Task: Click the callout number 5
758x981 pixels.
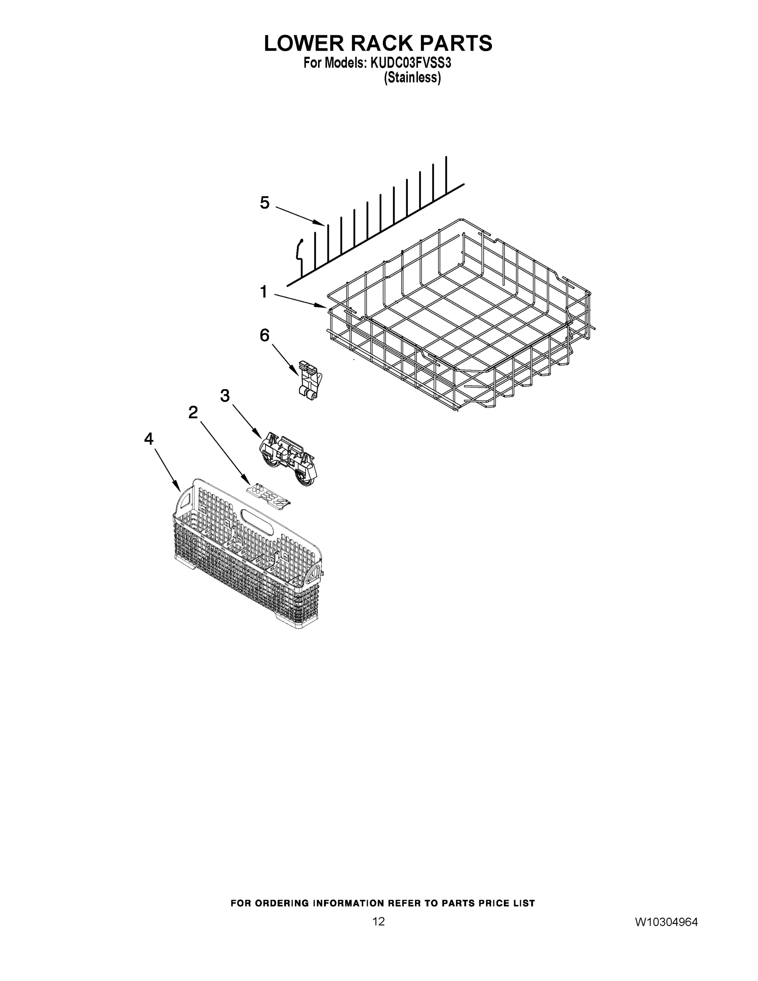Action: [264, 203]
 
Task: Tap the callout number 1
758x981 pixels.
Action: [264, 292]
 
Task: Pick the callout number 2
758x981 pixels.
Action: [193, 412]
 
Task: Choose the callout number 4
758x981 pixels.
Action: [149, 439]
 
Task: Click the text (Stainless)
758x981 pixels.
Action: [412, 78]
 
